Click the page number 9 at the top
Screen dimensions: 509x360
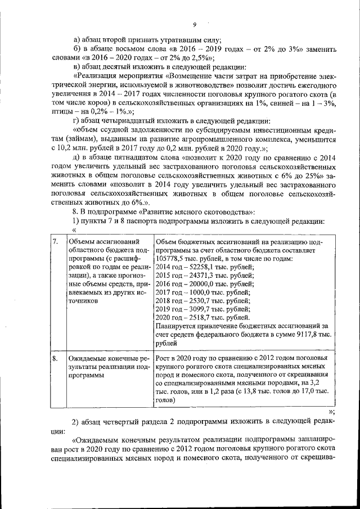click(194, 24)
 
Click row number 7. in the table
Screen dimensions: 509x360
click(55, 241)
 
